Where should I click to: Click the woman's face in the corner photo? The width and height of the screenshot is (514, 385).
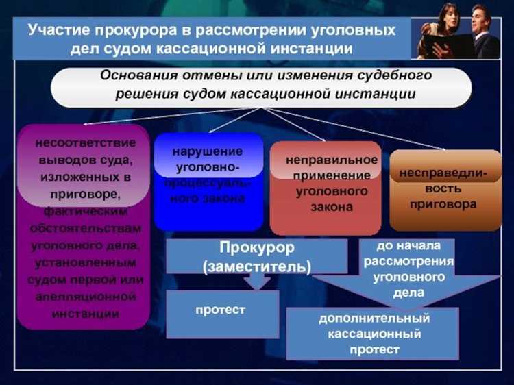click(x=448, y=16)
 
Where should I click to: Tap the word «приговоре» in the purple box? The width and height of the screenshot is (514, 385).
click(x=82, y=194)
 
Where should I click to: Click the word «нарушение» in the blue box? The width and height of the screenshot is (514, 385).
click(x=208, y=151)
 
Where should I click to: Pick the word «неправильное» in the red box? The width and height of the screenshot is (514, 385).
click(x=332, y=160)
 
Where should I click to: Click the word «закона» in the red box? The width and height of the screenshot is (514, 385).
click(x=325, y=207)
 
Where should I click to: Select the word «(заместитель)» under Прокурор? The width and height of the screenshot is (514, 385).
click(x=257, y=264)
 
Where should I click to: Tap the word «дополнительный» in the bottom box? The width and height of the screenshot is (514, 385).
click(x=374, y=319)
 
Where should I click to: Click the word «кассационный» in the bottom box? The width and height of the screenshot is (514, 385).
click(x=374, y=334)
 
